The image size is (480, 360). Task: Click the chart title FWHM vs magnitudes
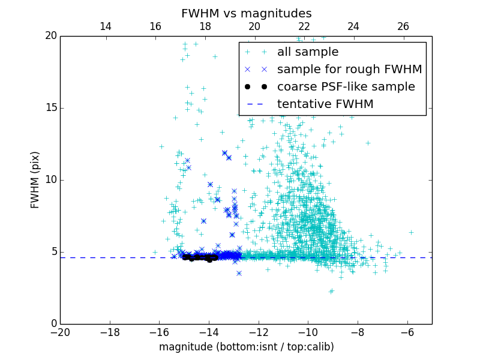coord(246,13)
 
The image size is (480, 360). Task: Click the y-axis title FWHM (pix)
coord(35,180)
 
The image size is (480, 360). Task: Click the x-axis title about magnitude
coord(246,347)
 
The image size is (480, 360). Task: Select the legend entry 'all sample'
coord(308,52)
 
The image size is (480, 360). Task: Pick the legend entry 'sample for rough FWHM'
coord(349,70)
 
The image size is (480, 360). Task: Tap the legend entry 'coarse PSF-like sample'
coord(346,87)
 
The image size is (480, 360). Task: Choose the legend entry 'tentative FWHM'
coord(325,104)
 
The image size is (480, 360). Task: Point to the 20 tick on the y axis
coord(50,36)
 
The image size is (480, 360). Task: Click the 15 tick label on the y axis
coord(50,108)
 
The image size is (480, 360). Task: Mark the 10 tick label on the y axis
coord(50,180)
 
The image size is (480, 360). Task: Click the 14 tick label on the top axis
coord(106,26)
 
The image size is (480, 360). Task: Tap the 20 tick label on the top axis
coord(254,26)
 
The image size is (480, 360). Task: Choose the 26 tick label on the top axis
coord(403,26)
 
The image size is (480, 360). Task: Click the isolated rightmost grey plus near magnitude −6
coord(411,232)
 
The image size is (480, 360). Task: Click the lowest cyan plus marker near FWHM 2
coord(331,291)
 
